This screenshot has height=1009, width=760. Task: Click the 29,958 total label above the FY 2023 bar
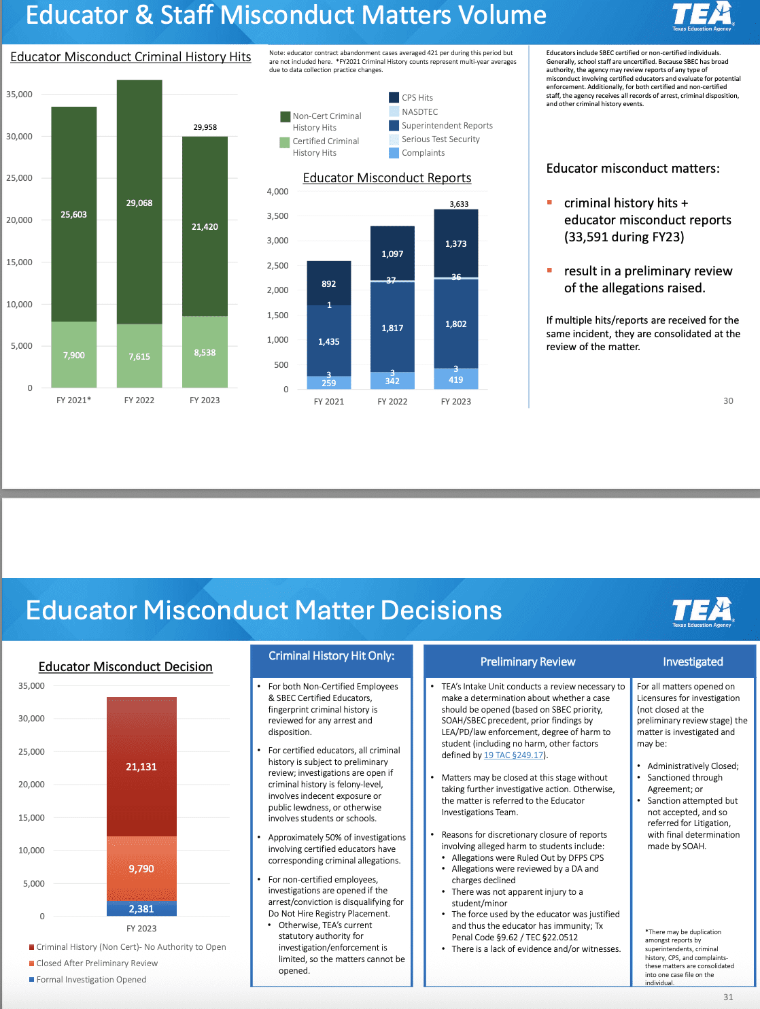coord(205,127)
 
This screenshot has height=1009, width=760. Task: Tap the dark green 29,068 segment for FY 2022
coord(139,202)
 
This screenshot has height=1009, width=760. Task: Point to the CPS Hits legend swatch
coord(394,97)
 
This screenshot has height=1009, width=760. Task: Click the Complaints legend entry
coord(422,153)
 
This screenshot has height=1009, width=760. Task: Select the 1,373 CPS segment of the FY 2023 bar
coord(456,243)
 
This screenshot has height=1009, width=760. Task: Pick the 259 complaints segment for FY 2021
coord(329,383)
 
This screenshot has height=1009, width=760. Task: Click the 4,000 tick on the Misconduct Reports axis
coord(277,192)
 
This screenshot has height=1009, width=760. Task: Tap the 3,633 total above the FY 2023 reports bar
coord(459,204)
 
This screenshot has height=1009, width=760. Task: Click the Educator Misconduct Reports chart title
coord(387,178)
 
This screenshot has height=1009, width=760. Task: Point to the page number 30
coord(728,401)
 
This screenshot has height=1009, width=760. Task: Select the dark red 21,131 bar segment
coord(141,766)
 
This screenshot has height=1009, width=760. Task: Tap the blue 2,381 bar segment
coord(141,908)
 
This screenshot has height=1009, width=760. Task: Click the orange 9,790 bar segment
coord(141,868)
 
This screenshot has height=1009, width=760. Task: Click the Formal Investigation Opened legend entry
coord(91,980)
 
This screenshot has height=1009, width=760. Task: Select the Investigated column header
coord(693,662)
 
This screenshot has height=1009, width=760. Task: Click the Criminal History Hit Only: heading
coord(331,656)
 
